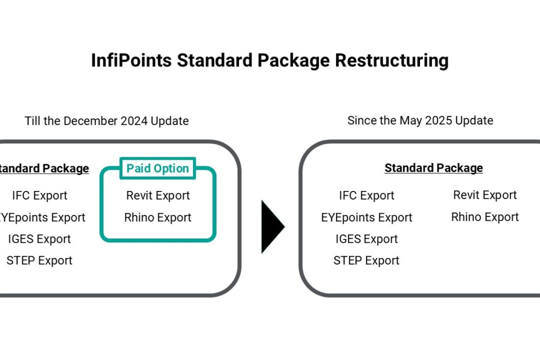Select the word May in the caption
pos(410,121)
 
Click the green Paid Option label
pos(158,169)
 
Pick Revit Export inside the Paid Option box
pos(158,195)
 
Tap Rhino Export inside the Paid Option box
pos(158,218)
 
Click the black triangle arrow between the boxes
pos(272,227)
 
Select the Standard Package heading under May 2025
pos(434,168)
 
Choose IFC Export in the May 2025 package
pos(367,195)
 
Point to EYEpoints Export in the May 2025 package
pos(367,218)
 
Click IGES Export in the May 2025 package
pos(367,239)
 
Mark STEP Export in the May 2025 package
pos(367,261)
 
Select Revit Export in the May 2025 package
pos(485,195)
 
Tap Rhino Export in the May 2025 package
pos(485,217)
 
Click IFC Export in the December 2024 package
pos(40,195)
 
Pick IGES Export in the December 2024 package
pos(40,239)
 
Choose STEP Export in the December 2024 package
pos(40,261)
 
